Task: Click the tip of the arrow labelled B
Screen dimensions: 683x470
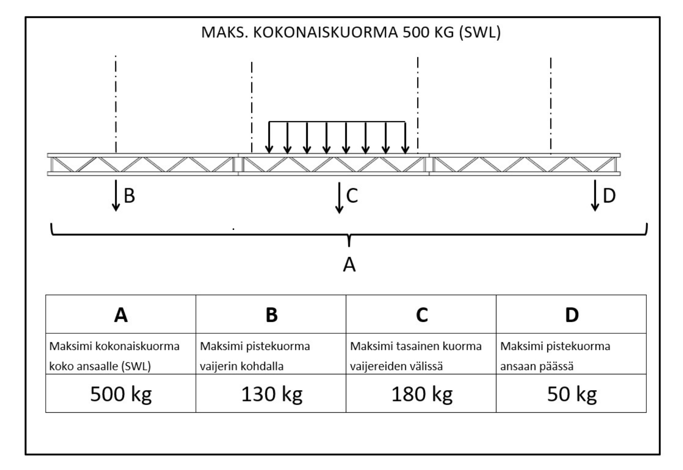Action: click(116, 211)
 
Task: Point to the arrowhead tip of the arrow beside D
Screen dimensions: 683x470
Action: click(595, 211)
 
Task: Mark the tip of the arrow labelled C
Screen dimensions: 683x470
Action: click(339, 213)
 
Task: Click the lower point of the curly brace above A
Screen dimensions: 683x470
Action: click(349, 246)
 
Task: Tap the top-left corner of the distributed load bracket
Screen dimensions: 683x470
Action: click(269, 122)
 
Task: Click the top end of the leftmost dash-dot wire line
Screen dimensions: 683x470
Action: click(116, 56)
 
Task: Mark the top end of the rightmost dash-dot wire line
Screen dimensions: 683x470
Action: click(551, 58)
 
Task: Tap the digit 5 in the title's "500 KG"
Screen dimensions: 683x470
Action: click(407, 32)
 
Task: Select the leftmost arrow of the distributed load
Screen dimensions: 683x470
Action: click(269, 138)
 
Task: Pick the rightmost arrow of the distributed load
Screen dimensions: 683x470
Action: click(405, 138)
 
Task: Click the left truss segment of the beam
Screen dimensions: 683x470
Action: click(143, 164)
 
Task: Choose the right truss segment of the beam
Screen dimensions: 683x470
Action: click(525, 164)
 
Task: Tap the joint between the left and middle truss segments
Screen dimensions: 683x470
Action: click(238, 164)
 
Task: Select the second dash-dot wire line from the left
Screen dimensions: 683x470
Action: click(251, 107)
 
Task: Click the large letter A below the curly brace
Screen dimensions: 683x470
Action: click(349, 264)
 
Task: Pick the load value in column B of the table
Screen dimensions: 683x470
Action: click(271, 394)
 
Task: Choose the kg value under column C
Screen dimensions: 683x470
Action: click(422, 394)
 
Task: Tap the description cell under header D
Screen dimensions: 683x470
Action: click(571, 354)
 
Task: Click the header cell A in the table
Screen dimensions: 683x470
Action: click(121, 314)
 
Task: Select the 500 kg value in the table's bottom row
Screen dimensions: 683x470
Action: click(121, 394)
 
